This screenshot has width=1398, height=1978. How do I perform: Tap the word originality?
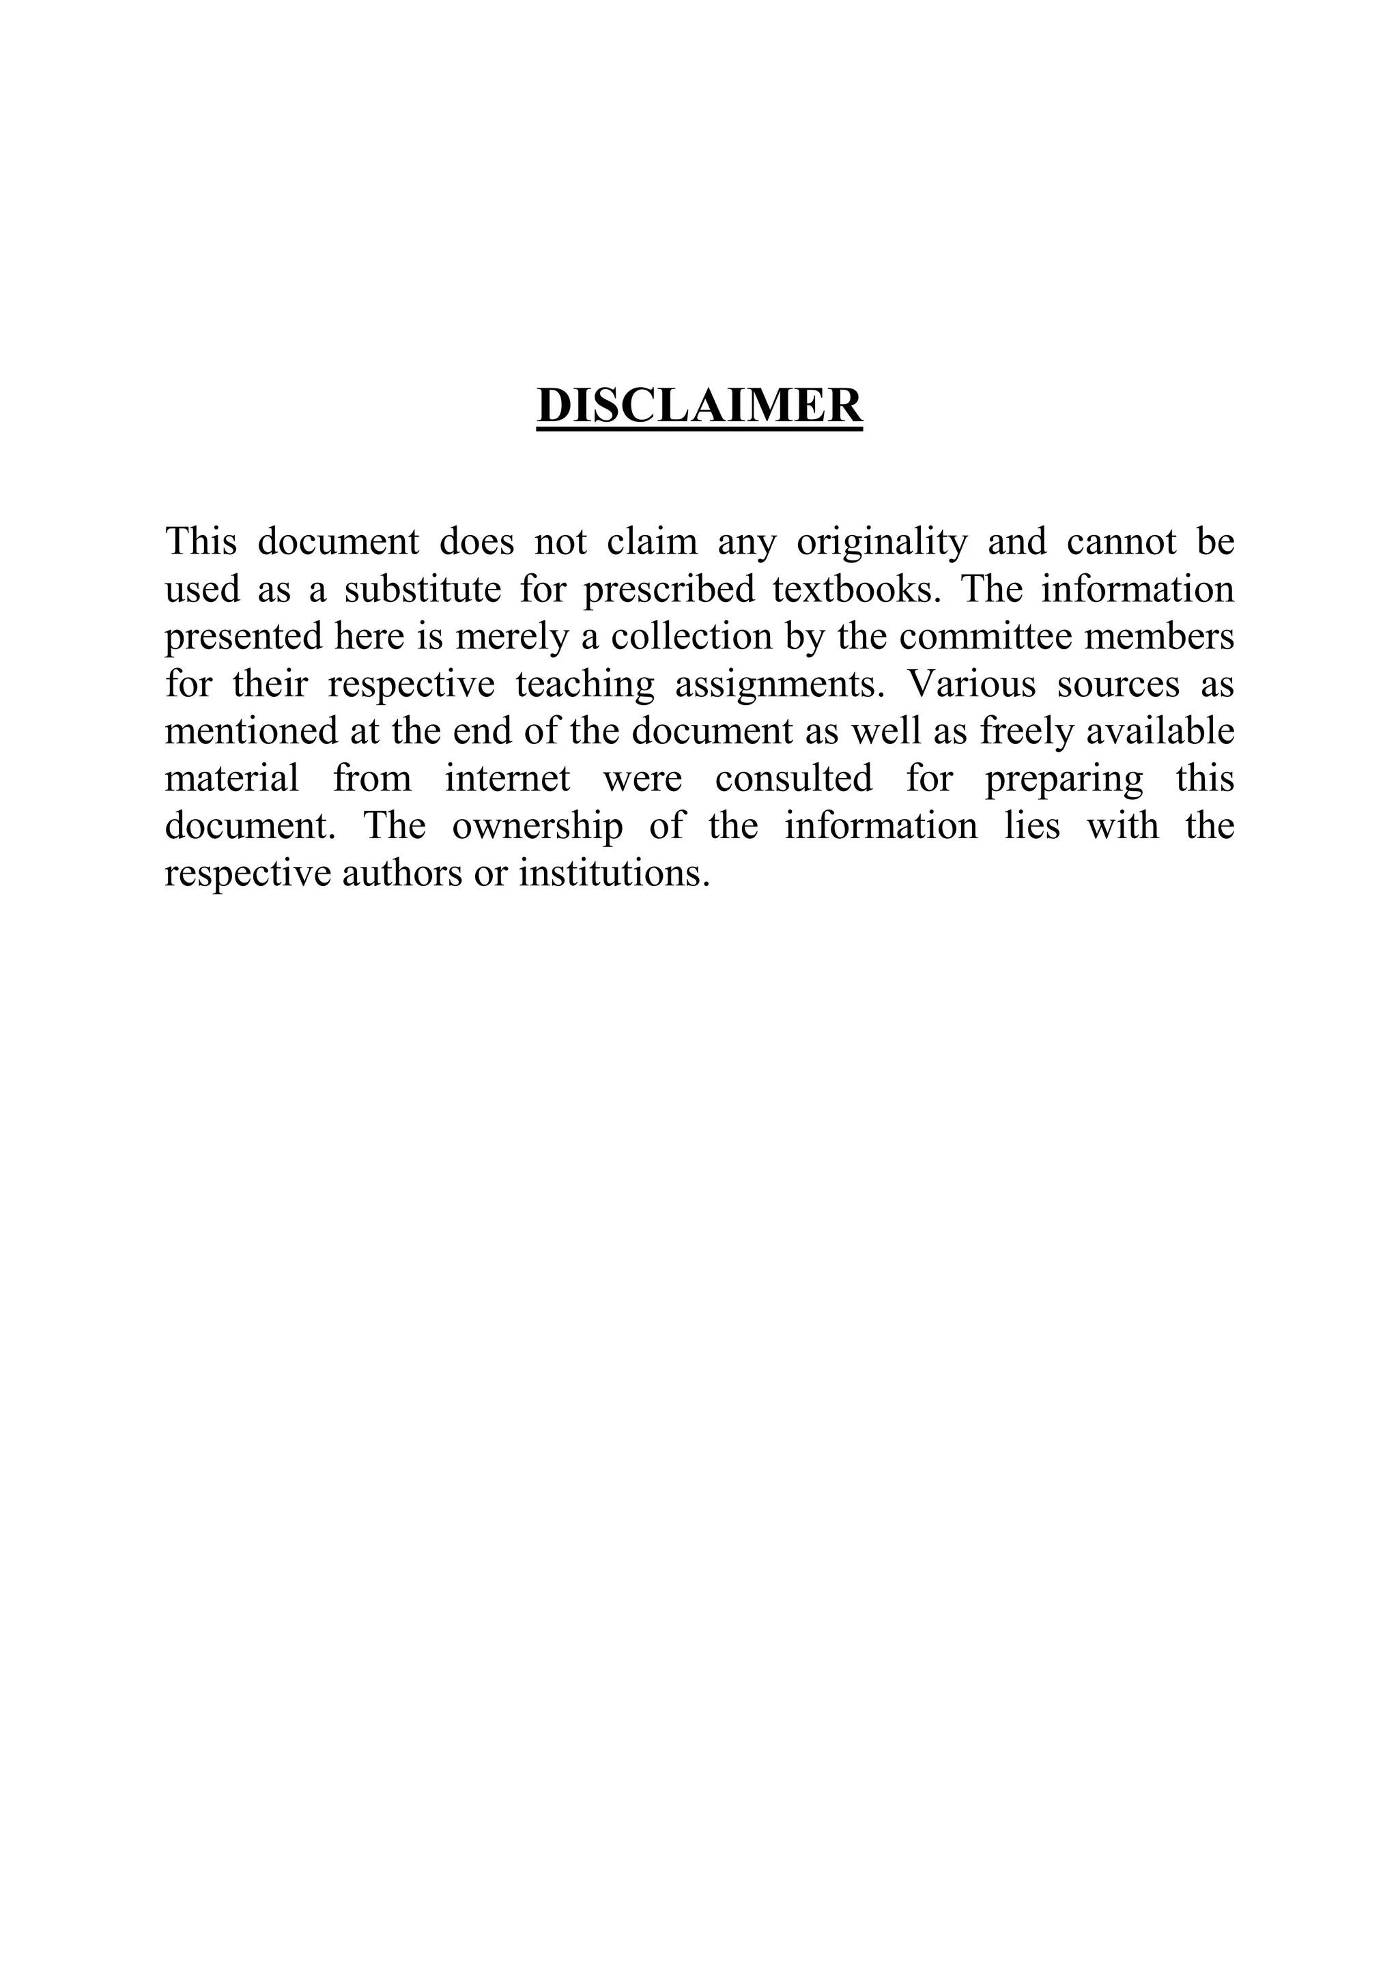882,542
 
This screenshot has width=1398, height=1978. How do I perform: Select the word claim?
652,542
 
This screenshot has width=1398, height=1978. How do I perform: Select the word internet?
507,779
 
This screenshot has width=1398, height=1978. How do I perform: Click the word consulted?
793,779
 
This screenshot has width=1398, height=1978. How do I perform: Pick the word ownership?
537,827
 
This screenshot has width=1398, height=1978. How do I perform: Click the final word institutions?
614,874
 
